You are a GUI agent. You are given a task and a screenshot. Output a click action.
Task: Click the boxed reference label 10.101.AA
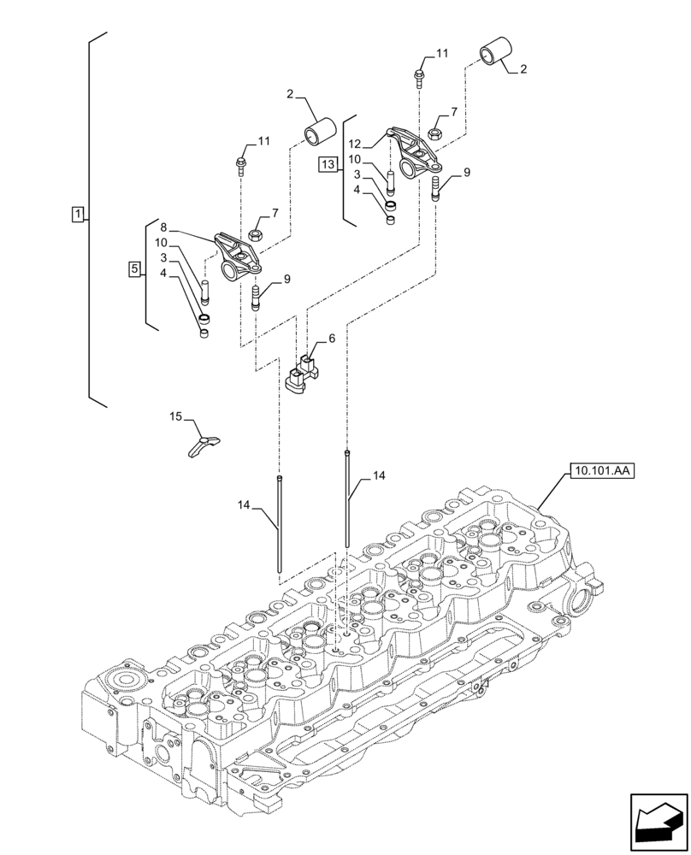tap(597, 469)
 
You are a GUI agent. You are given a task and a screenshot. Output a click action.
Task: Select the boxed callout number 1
tap(77, 214)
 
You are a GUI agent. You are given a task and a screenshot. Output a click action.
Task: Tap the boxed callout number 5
tap(133, 269)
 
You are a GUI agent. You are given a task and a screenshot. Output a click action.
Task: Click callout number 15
tap(175, 416)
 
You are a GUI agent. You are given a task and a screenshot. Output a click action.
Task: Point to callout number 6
tap(330, 339)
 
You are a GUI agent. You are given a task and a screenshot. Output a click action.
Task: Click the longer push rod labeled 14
tap(348, 500)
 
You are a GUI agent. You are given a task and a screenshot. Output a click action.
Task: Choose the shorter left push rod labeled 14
tap(280, 526)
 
